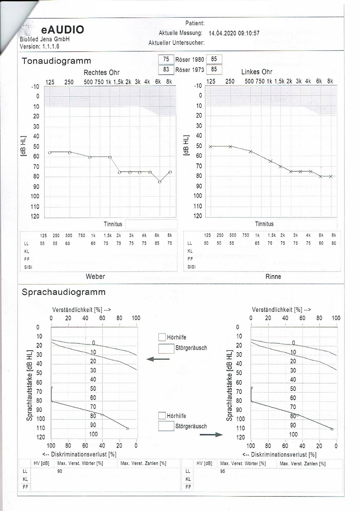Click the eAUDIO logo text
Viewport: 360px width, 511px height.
[62, 30]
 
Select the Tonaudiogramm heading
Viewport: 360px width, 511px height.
[56, 61]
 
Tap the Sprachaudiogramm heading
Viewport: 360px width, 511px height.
[63, 292]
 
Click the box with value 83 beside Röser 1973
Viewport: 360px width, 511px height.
[166, 69]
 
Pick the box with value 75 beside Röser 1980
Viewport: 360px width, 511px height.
[166, 59]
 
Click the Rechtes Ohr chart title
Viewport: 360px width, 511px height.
[102, 72]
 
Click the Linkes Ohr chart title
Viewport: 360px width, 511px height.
[256, 72]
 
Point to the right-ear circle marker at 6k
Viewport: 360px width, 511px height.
[160, 182]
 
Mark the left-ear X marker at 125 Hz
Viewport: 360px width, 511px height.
[211, 146]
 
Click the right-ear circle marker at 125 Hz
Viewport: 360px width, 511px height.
[50, 153]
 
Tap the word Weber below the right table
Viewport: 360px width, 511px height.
[95, 276]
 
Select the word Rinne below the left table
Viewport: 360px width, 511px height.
[274, 276]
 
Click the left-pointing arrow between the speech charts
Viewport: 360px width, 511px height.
[158, 359]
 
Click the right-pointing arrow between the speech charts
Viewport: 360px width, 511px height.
[211, 434]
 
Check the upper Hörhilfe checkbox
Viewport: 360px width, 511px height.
[162, 337]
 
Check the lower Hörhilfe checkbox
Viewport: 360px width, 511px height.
[162, 416]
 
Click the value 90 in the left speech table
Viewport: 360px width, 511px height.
[60, 471]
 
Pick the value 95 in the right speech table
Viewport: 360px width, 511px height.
[223, 471]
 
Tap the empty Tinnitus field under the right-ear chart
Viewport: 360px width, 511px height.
[151, 224]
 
